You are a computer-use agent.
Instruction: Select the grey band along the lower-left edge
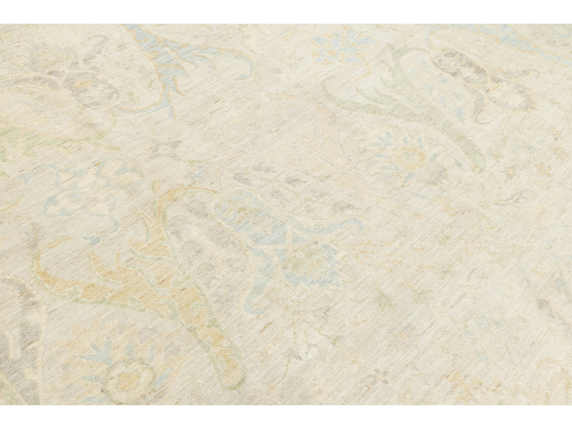(x=21, y=344)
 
